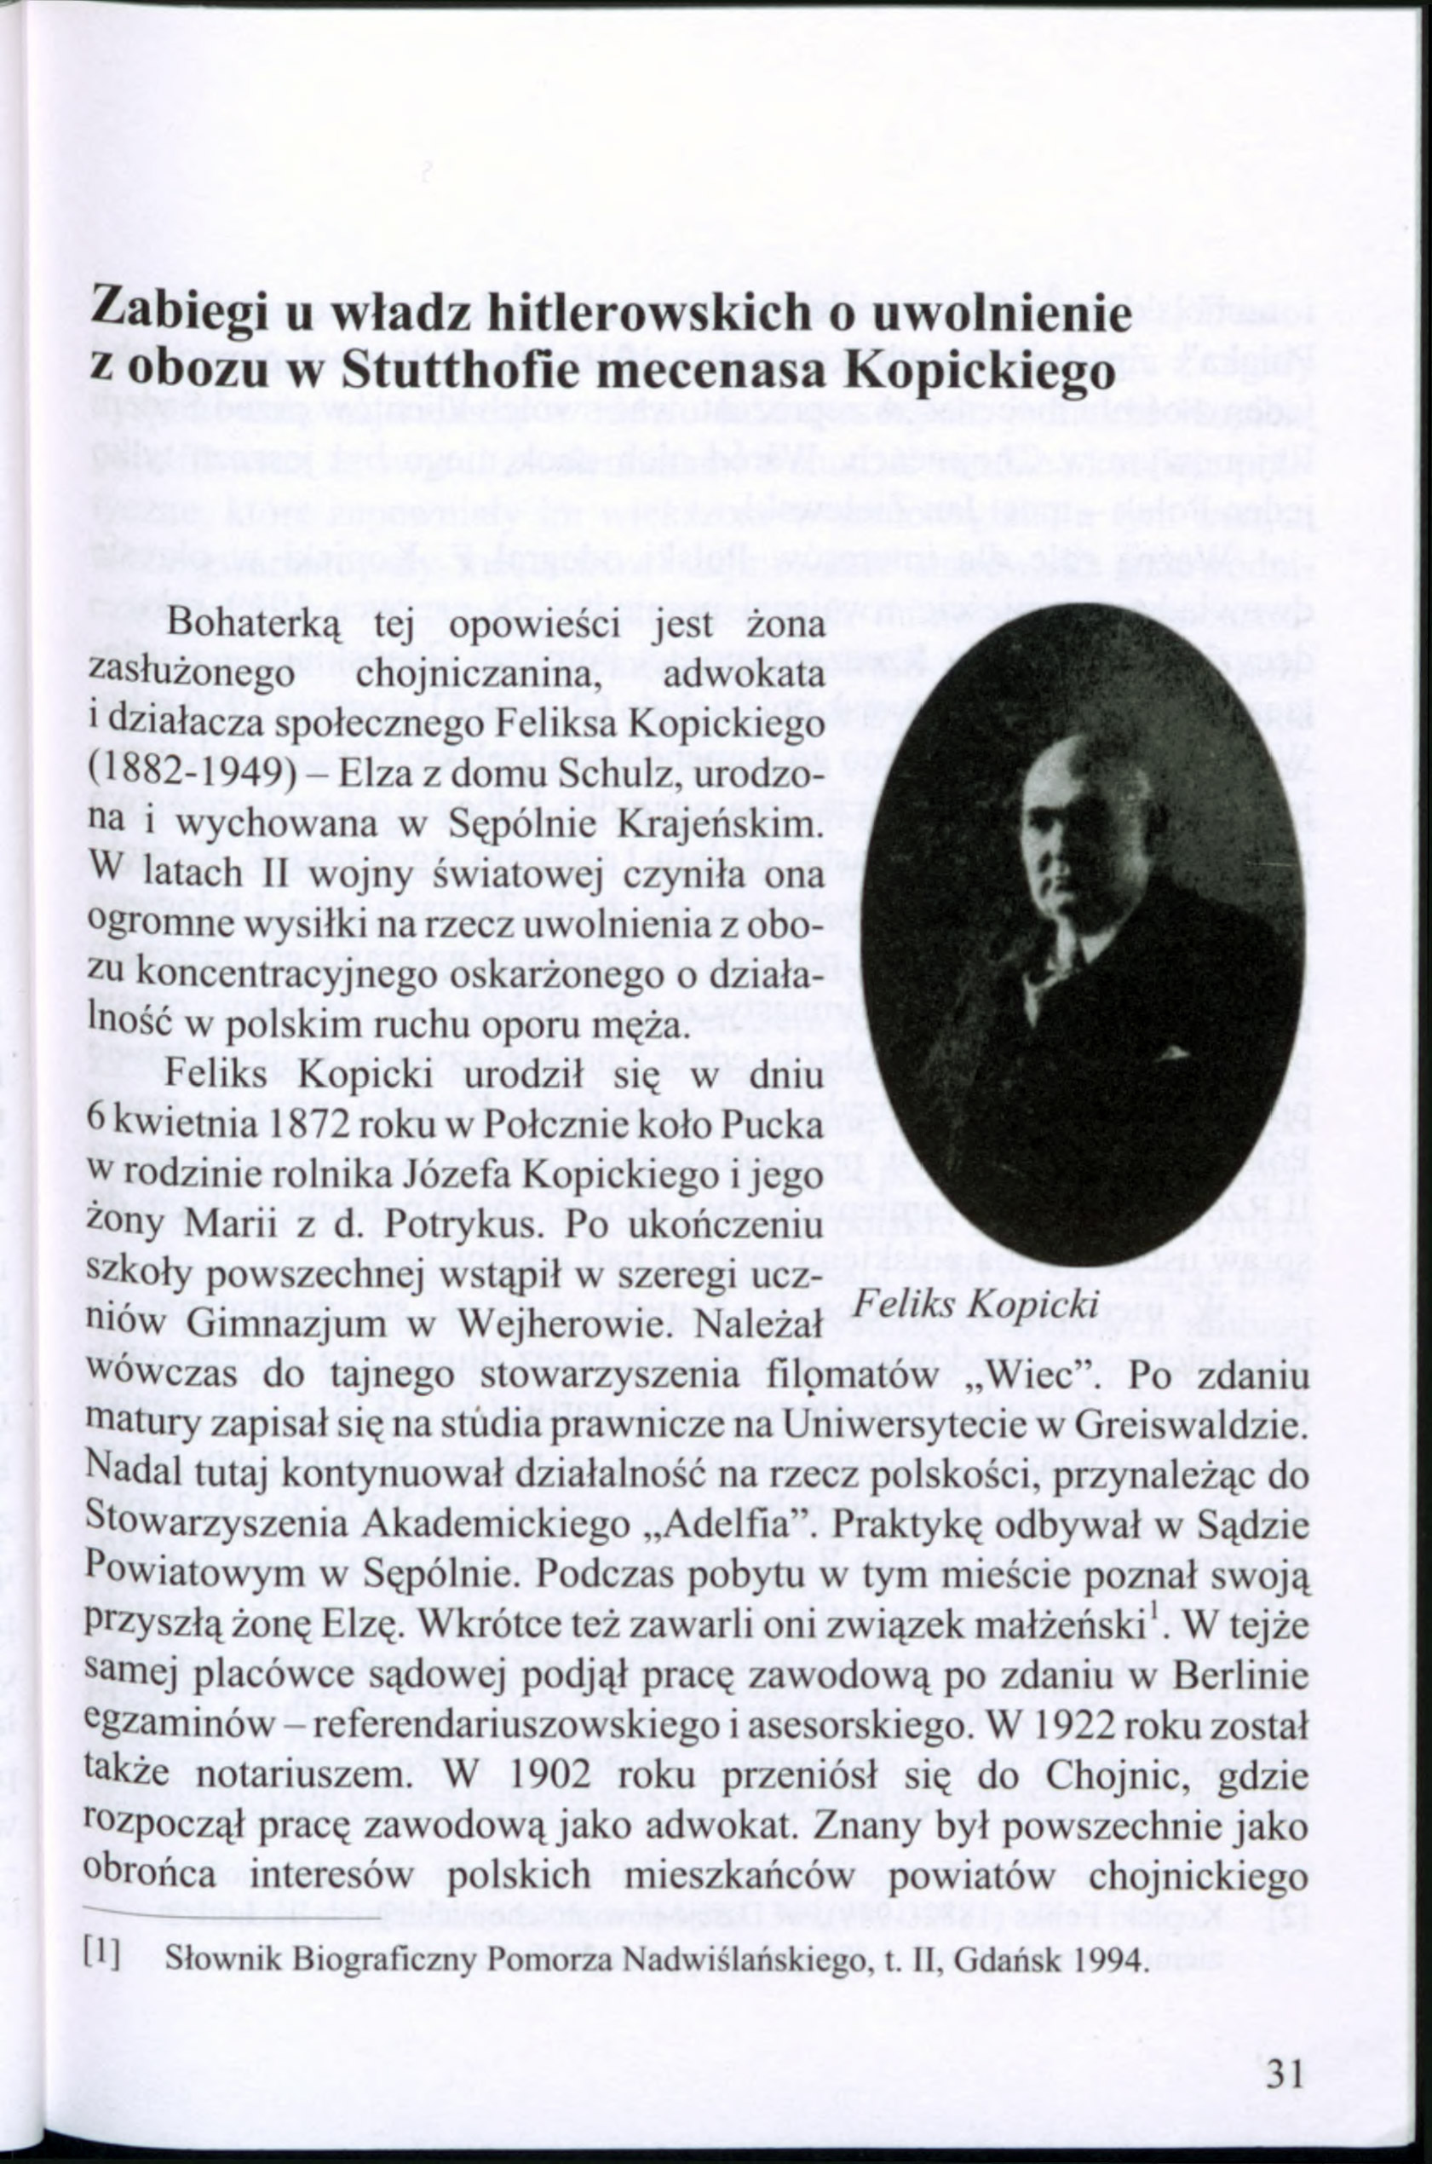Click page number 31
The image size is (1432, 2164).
click(x=1284, y=2046)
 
